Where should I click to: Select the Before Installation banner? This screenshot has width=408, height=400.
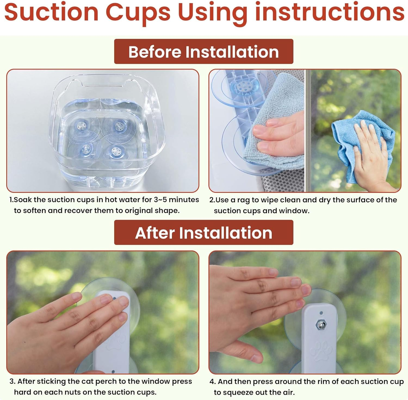(x=204, y=52)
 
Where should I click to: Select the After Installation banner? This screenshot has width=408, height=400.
(x=204, y=233)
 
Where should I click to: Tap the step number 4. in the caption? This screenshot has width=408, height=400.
(x=212, y=382)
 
